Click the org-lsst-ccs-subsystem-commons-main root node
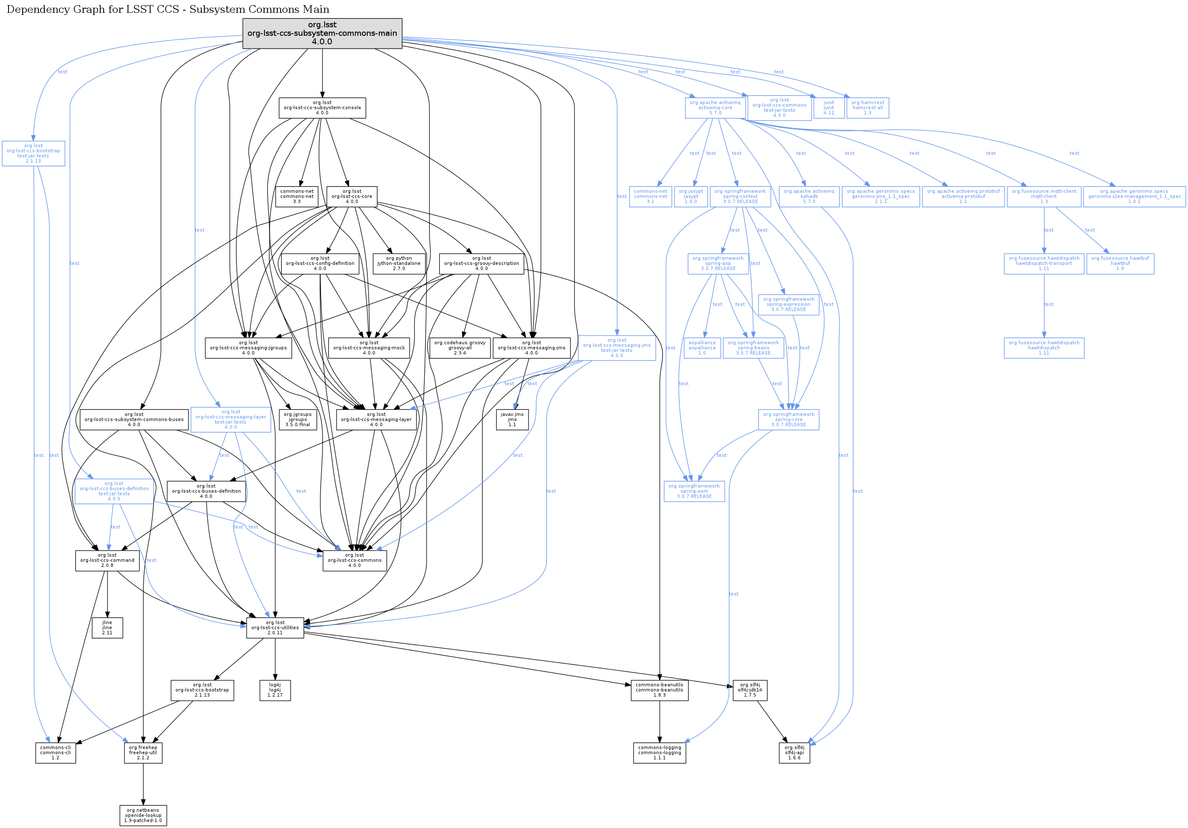(x=322, y=34)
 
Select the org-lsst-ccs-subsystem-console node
(x=322, y=107)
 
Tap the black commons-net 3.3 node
(x=297, y=197)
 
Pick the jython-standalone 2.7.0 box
(x=399, y=263)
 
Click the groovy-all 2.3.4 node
(x=460, y=348)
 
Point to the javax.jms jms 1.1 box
(x=512, y=420)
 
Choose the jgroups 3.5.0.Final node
(x=298, y=420)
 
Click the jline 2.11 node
(x=107, y=628)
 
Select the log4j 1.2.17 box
(x=275, y=690)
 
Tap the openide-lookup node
(x=143, y=816)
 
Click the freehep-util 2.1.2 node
(x=143, y=753)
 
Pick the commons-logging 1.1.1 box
(x=660, y=753)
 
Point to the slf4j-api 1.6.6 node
(x=795, y=753)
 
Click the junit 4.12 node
(x=829, y=107)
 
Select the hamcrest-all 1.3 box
(x=868, y=107)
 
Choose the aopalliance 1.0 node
(x=702, y=348)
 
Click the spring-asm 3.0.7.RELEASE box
(x=694, y=491)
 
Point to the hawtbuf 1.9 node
(x=1120, y=263)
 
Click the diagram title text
(x=168, y=9)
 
